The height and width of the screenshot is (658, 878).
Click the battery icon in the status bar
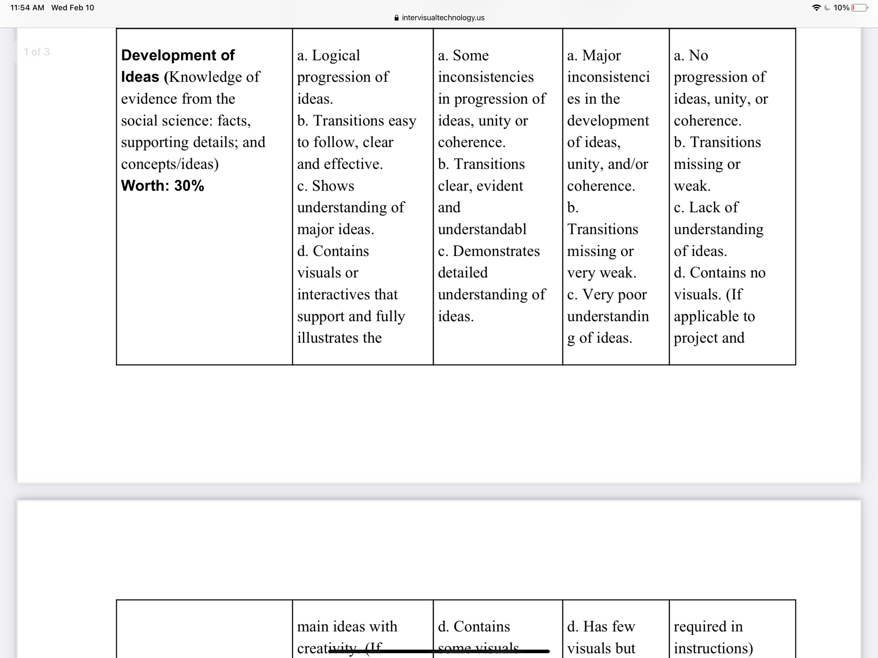point(860,7)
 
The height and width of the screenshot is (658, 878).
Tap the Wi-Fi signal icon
point(816,7)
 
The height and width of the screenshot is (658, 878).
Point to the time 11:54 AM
point(27,7)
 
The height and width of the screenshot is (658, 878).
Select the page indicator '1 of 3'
point(37,52)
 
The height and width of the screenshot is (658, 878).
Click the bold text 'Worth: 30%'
point(162,186)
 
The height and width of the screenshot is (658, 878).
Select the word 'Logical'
point(336,55)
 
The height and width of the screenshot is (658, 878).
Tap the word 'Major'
point(601,55)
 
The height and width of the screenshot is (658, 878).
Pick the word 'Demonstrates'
point(496,251)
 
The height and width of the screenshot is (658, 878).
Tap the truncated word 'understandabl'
point(482,229)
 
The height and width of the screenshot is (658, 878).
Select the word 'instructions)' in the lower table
point(713,648)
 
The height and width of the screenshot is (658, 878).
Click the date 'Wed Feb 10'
point(73,7)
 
